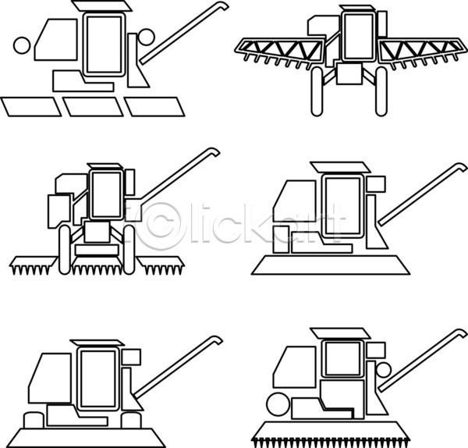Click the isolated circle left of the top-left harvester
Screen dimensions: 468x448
click(22, 46)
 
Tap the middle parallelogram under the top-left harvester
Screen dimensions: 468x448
click(93, 107)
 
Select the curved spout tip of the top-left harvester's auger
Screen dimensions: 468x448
click(223, 5)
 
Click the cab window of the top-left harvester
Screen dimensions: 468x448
click(105, 44)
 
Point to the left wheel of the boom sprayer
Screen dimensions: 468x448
click(317, 91)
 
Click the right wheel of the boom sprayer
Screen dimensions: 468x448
click(381, 91)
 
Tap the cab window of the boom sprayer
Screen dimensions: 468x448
click(358, 37)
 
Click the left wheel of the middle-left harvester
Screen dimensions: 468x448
click(65, 250)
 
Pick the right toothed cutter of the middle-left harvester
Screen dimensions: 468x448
click(161, 265)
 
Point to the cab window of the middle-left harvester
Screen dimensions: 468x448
click(106, 194)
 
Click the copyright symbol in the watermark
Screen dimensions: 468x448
click(162, 226)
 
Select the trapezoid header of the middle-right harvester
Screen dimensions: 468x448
click(331, 265)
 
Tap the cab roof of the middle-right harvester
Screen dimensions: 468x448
click(340, 167)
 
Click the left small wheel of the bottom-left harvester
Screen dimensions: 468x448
click(34, 420)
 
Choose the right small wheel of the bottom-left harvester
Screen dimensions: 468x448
click(131, 420)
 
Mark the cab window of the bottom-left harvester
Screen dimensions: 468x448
click(98, 379)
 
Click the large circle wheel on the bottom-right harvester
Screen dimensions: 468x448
click(278, 405)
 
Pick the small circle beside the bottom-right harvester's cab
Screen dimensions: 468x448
click(384, 370)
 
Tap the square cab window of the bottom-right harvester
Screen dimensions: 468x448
click(342, 359)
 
